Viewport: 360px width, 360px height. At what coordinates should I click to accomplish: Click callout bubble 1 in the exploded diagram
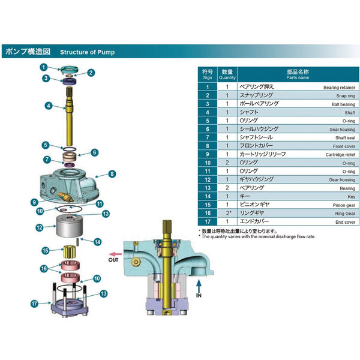pyautogui.click(x=44, y=67)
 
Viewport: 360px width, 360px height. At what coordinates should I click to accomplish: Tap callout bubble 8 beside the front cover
pyautogui.click(x=112, y=175)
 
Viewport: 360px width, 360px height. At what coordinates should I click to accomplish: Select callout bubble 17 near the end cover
pyautogui.click(x=34, y=304)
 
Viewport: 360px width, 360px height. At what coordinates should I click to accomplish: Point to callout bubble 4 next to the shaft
pyautogui.click(x=47, y=106)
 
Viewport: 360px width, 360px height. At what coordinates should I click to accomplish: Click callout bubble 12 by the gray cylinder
pyautogui.click(x=39, y=227)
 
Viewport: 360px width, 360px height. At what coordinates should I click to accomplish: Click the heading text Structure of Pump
pyautogui.click(x=87, y=52)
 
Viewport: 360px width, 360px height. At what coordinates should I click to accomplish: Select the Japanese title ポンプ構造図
pyautogui.click(x=29, y=52)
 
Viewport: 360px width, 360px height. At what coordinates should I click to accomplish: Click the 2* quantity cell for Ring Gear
pyautogui.click(x=227, y=213)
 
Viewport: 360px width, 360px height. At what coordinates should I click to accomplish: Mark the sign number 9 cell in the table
pyautogui.click(x=208, y=154)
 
